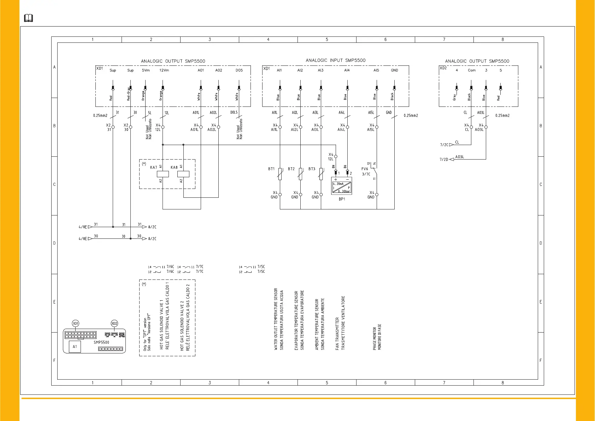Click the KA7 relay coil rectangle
(x=163, y=174)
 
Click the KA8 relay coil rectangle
(x=183, y=174)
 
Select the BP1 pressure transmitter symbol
(x=342, y=186)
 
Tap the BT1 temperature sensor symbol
(x=280, y=173)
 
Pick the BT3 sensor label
(x=312, y=169)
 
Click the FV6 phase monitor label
(x=365, y=169)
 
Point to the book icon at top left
(x=28, y=18)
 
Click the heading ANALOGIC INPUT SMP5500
(x=335, y=60)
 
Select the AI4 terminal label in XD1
(x=347, y=70)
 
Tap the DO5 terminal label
(x=239, y=70)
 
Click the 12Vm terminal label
(x=164, y=70)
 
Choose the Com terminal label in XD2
(x=472, y=70)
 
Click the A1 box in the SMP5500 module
(x=75, y=347)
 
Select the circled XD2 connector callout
(x=114, y=323)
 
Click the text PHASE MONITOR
(x=375, y=338)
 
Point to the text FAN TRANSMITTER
(x=337, y=333)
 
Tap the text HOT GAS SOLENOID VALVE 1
(x=161, y=324)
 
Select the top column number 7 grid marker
(x=444, y=40)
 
